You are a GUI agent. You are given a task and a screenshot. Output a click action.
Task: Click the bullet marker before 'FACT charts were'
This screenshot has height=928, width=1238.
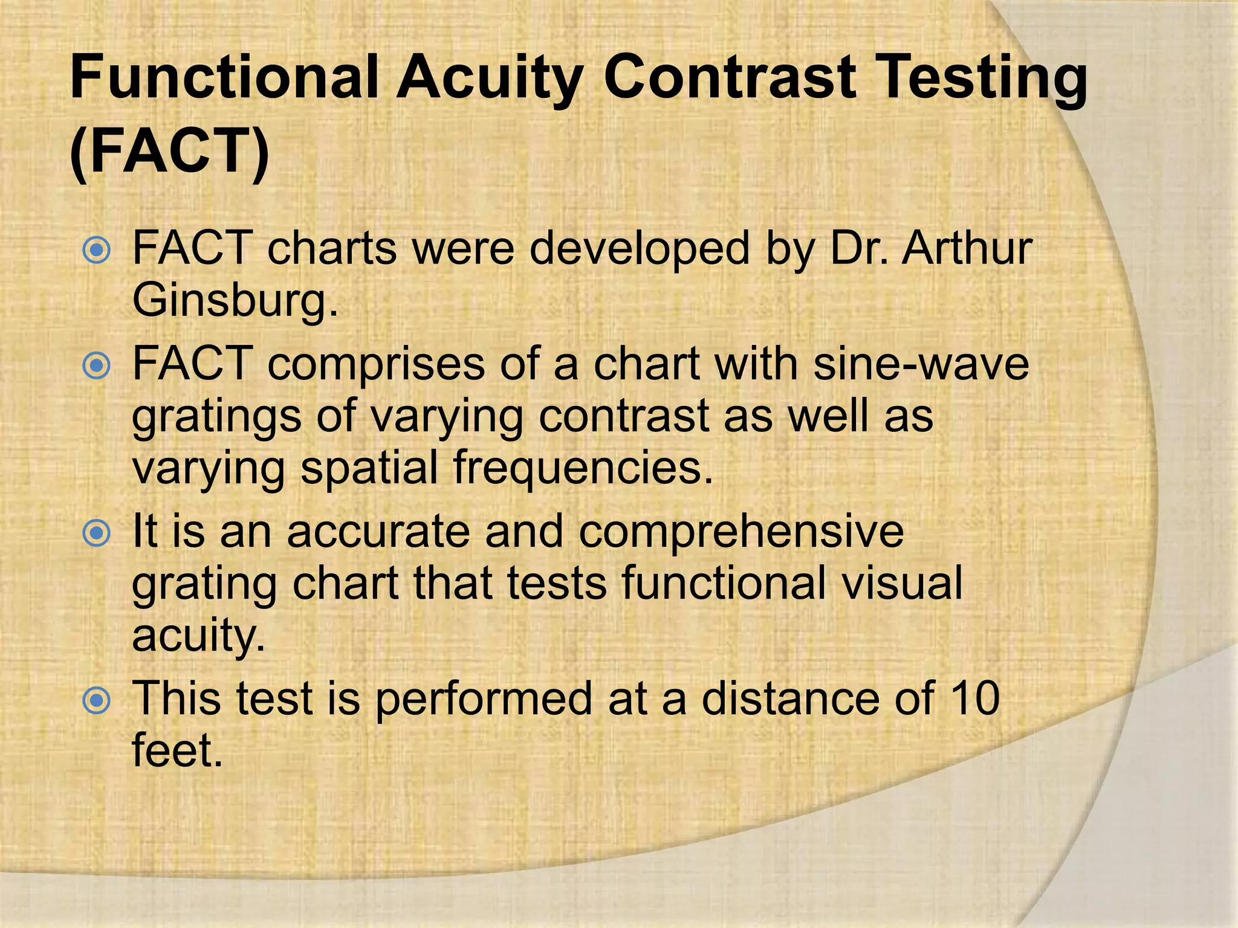pyautogui.click(x=97, y=250)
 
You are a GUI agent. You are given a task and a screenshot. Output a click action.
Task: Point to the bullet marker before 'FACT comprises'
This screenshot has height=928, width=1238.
pyautogui.click(x=97, y=366)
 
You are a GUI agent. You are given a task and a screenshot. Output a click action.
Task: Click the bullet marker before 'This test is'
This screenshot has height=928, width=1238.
pyautogui.click(x=97, y=700)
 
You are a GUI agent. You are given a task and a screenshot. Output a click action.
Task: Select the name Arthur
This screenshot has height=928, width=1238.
pyautogui.click(x=966, y=248)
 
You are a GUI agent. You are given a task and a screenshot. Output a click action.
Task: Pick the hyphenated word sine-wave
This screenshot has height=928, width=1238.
pyautogui.click(x=921, y=364)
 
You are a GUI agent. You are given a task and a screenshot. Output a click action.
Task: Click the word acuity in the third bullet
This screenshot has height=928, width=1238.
pyautogui.click(x=198, y=636)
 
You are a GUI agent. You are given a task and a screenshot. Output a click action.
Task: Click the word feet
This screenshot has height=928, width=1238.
pyautogui.click(x=177, y=750)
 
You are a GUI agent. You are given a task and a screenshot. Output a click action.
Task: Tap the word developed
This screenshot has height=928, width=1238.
pyautogui.click(x=639, y=248)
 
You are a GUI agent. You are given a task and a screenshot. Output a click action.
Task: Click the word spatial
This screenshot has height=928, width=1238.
pyautogui.click(x=369, y=468)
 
